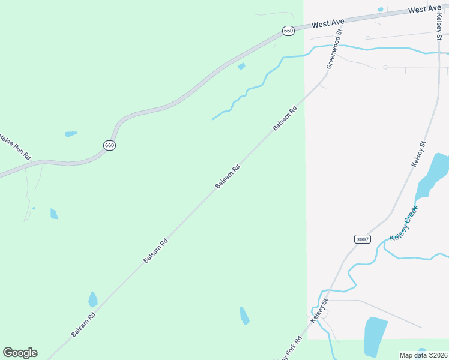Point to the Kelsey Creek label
click(x=403, y=223)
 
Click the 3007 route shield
click(x=363, y=239)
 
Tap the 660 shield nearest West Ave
click(x=289, y=31)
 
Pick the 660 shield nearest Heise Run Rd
click(x=109, y=145)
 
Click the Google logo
click(x=20, y=353)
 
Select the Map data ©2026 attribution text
click(x=423, y=355)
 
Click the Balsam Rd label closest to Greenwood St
click(x=285, y=119)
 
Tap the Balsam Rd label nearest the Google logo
click(x=83, y=323)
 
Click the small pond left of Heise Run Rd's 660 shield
click(x=71, y=134)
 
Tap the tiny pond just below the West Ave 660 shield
click(x=241, y=66)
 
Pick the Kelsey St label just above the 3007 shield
click(x=418, y=154)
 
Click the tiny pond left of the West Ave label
click(x=381, y=10)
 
